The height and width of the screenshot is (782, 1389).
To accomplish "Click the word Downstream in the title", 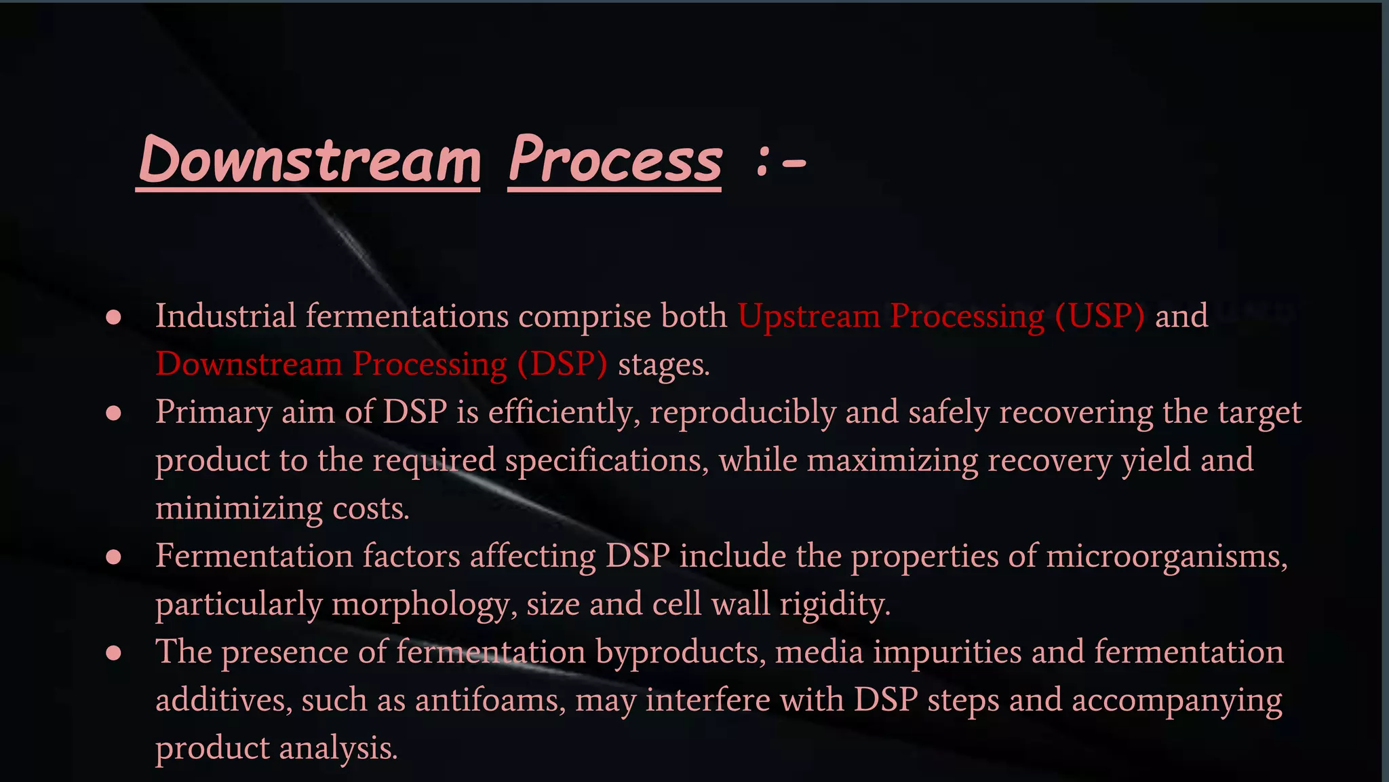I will coord(309,160).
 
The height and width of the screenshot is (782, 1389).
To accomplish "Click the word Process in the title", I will coord(614,160).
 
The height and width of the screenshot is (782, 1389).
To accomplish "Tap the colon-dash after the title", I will coord(780,163).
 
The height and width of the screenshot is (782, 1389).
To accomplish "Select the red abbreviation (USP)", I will coord(1099,316).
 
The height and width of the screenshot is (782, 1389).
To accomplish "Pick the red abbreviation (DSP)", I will coord(562,365).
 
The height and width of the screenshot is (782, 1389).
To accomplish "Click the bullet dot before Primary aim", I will coord(114,413).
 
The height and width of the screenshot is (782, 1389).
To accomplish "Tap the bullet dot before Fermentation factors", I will coord(114,557).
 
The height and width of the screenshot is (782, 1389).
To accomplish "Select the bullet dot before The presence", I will coord(114,653).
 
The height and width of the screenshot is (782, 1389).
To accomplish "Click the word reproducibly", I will coord(743,413).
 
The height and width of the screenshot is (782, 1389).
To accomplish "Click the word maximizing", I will coord(893,461).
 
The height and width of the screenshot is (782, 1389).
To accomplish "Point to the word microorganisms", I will coord(1167,557).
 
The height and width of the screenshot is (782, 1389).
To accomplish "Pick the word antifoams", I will coord(490,700).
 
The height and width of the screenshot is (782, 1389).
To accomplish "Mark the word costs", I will coord(371,508).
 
